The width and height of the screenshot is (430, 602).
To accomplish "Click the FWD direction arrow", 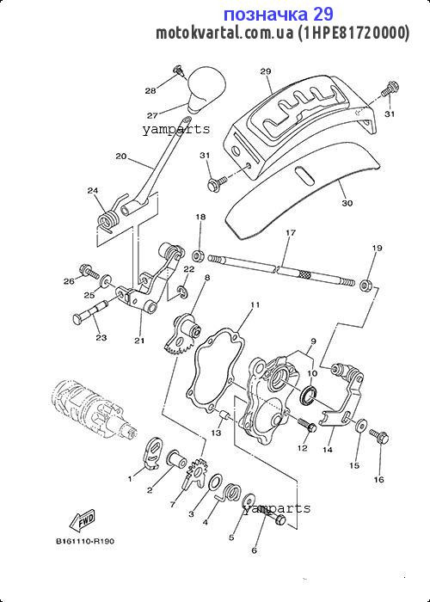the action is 82,520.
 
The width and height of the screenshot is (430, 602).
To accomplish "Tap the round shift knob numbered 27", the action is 206,89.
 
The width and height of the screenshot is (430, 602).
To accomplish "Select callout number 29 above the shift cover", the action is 266,71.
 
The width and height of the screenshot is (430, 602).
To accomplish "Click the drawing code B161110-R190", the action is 85,541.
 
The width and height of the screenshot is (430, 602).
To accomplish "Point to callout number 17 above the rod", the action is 291,232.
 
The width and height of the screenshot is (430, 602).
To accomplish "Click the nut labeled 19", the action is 365,286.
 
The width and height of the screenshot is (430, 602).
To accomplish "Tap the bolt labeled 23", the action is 90,313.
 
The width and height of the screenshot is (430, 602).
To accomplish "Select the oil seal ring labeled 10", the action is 309,396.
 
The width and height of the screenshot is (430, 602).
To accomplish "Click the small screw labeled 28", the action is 178,71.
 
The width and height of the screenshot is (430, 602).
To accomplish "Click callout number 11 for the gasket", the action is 255,304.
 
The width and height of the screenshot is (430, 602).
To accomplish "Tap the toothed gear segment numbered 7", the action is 195,473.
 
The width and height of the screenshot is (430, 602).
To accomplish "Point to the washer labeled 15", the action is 360,426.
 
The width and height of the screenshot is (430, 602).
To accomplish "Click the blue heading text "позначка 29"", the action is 279,15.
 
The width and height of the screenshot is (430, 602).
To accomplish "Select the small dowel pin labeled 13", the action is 224,415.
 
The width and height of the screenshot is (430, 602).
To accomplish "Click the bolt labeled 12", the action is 307,424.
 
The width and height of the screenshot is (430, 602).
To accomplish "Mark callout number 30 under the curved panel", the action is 347,203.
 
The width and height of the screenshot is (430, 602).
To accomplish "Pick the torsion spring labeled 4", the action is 230,492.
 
